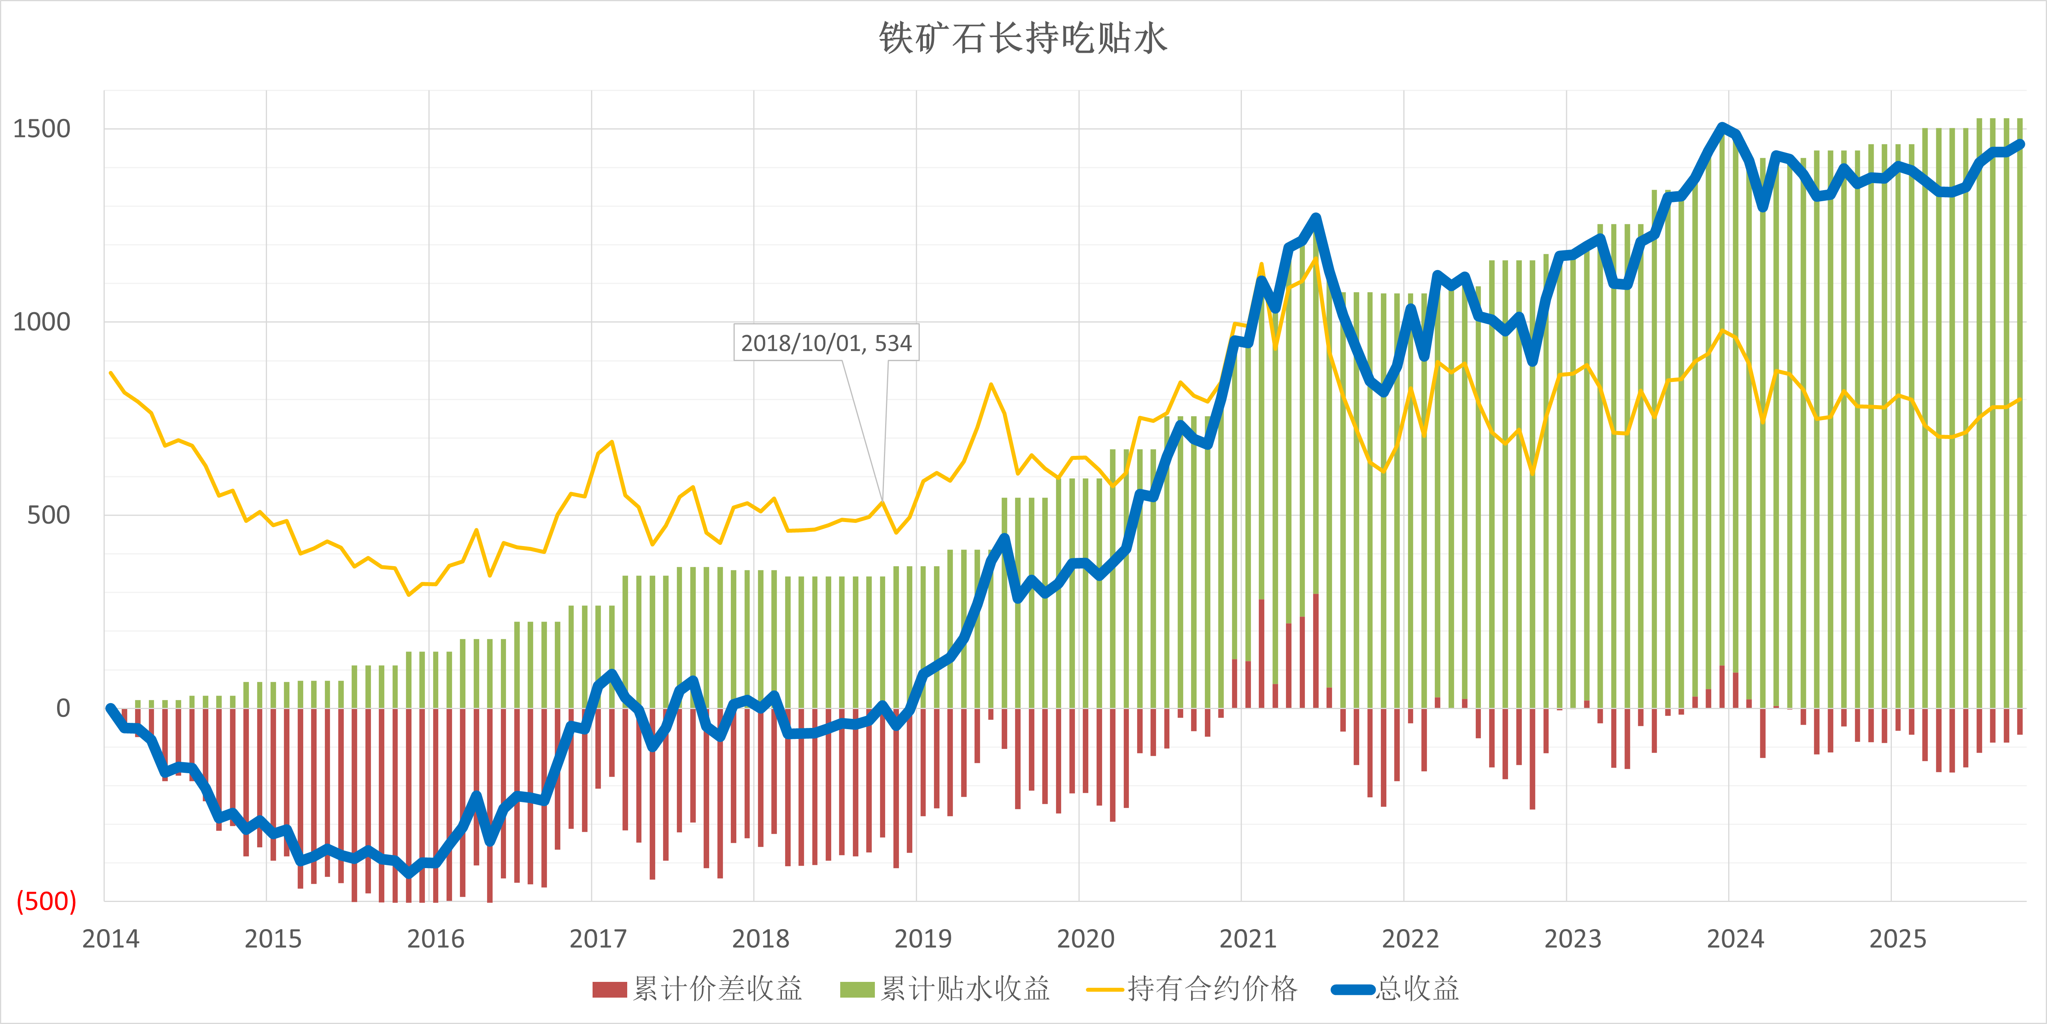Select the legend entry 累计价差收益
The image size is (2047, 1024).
tap(698, 989)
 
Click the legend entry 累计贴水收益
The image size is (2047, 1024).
tap(946, 989)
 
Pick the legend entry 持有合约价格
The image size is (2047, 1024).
tap(1192, 989)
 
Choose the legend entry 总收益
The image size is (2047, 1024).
tap(1397, 989)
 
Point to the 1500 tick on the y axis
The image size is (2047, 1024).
tap(41, 129)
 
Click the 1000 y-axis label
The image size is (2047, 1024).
tap(41, 322)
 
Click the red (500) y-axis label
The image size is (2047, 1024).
tap(46, 901)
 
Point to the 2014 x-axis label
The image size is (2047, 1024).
tap(111, 939)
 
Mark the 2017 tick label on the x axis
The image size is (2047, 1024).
tap(598, 939)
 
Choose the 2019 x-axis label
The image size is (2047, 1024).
tap(923, 939)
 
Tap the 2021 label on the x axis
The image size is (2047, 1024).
tap(1248, 939)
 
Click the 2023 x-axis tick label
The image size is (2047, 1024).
tap(1573, 939)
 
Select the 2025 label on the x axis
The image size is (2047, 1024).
tap(1898, 939)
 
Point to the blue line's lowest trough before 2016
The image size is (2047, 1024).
tap(409, 873)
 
